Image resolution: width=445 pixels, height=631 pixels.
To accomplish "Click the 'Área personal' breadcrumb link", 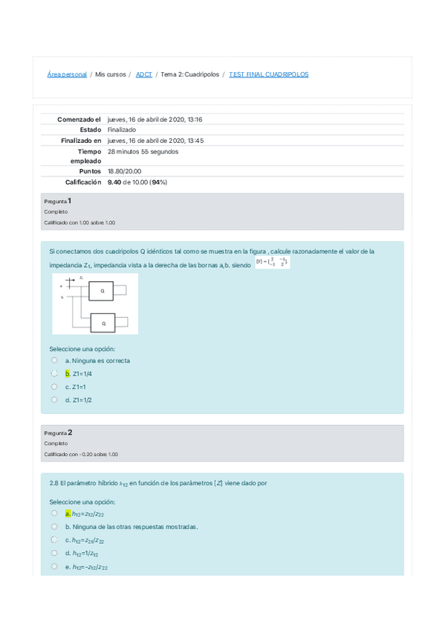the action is [x=67, y=74].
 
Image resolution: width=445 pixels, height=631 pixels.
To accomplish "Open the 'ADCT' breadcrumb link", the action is [x=143, y=74].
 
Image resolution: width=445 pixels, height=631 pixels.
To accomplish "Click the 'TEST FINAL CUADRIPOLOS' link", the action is [x=268, y=74].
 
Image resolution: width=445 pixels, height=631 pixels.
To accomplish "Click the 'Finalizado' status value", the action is [x=122, y=129].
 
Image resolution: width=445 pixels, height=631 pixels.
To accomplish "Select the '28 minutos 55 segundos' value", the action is [x=143, y=151].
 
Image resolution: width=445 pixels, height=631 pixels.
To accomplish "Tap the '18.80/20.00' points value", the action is [x=125, y=171].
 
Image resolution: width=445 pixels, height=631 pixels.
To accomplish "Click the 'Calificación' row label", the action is [x=82, y=182].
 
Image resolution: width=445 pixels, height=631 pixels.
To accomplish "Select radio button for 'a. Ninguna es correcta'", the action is [x=54, y=360].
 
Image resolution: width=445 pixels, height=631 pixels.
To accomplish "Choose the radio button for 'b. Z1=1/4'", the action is [x=54, y=374].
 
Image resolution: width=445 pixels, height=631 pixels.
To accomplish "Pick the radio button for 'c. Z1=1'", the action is [x=54, y=386].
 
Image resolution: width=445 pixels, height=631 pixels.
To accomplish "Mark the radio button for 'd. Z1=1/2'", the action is [x=54, y=400].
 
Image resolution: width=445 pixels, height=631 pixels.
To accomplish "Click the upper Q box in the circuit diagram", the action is [x=103, y=291].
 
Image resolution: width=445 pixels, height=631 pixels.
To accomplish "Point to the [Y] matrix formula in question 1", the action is [x=272, y=262].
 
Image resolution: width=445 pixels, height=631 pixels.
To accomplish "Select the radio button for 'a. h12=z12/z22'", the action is [x=54, y=513].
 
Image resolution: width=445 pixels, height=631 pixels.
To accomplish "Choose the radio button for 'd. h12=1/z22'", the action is [x=54, y=553].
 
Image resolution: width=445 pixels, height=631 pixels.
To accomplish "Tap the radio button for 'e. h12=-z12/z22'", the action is [x=54, y=566].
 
